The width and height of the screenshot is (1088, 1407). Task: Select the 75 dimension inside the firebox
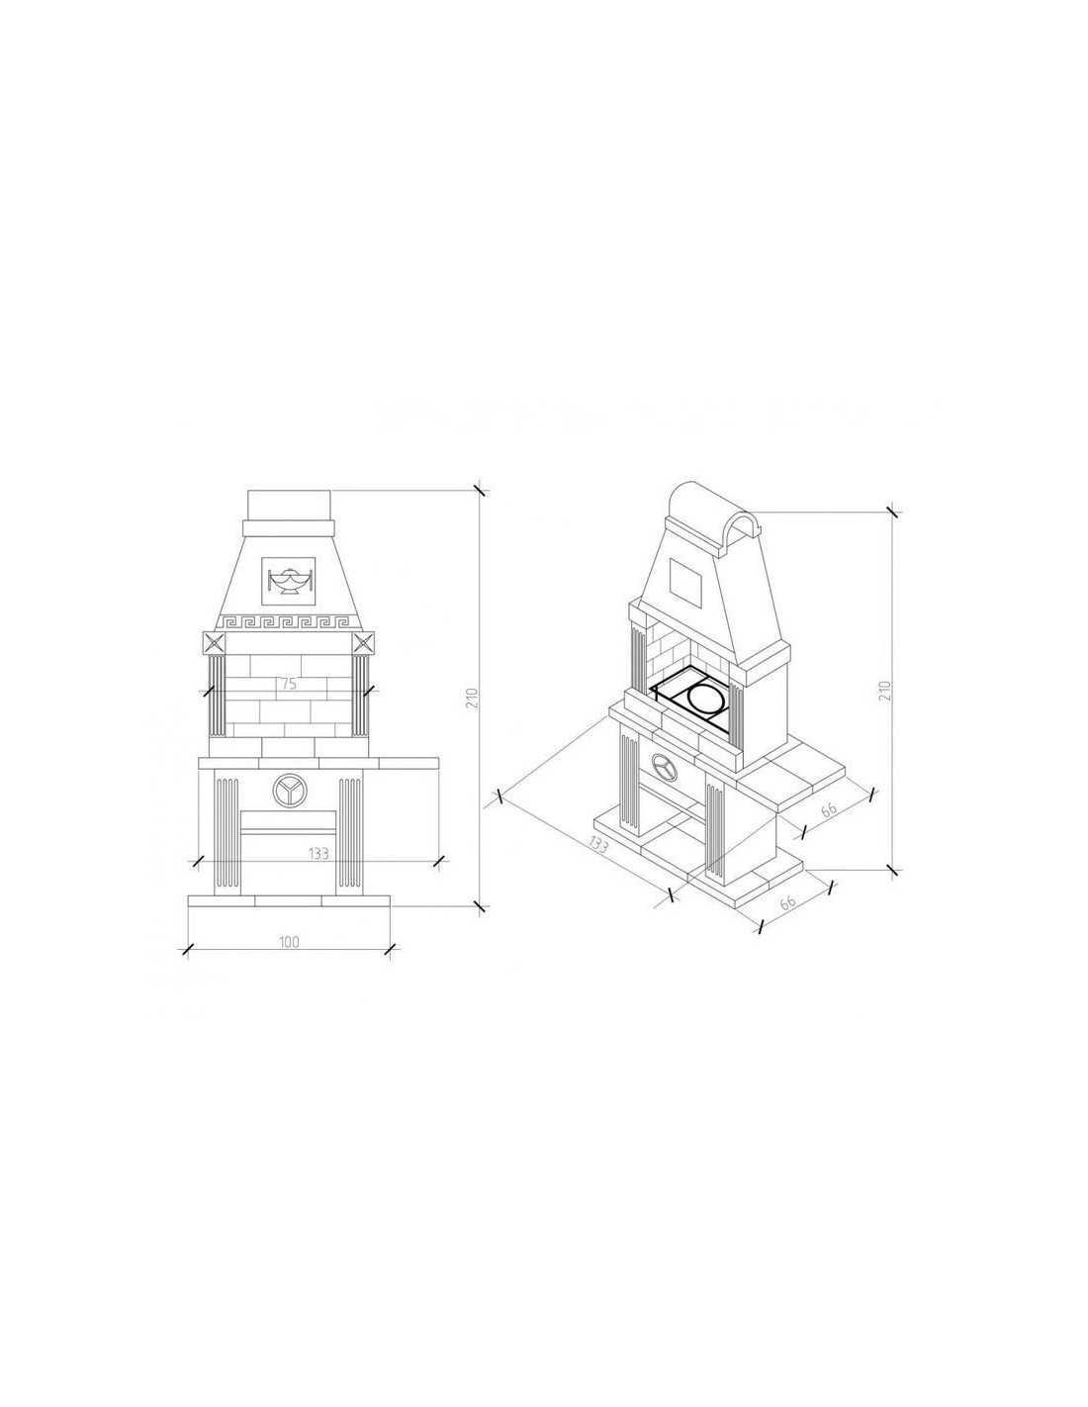[x=289, y=684]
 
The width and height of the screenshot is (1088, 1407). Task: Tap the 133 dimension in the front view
[x=318, y=853]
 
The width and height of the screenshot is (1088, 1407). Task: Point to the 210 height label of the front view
[x=472, y=698]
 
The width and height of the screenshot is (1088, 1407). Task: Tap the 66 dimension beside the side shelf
[x=829, y=809]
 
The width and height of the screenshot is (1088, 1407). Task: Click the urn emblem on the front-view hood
[x=289, y=580]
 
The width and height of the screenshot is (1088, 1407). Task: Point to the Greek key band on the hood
[x=289, y=622]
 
